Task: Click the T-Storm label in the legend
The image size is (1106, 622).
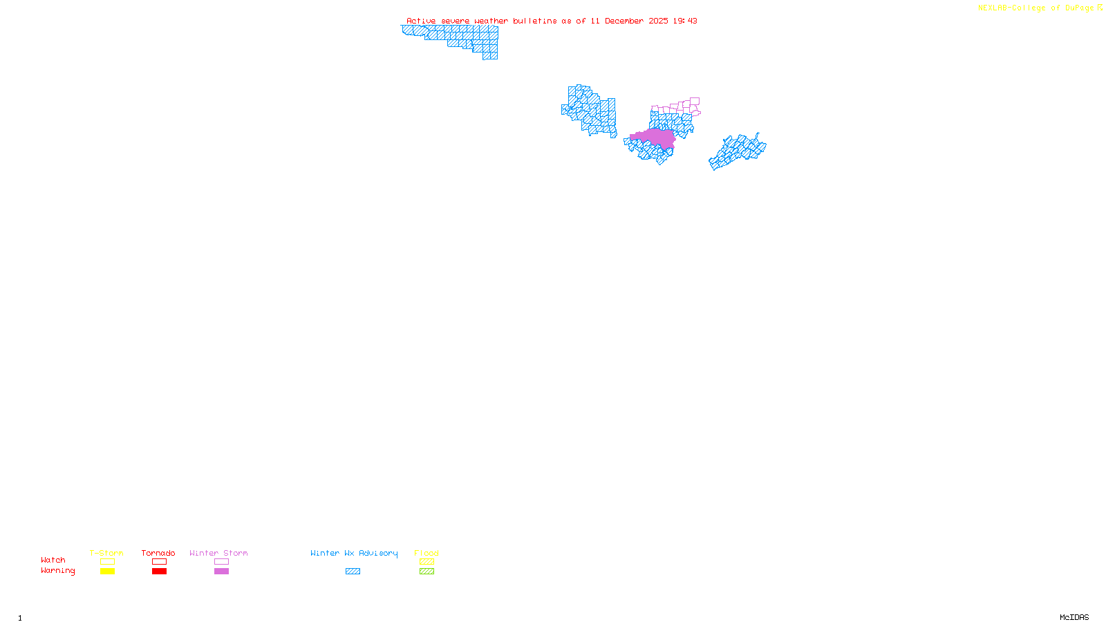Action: point(106,553)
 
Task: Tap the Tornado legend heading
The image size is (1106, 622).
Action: point(158,553)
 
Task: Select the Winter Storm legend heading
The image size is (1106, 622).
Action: point(218,553)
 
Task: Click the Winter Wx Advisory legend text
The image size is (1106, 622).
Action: point(354,553)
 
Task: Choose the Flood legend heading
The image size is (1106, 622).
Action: point(427,553)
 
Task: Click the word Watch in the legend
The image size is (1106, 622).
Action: point(53,560)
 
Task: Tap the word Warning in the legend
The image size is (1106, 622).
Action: point(58,571)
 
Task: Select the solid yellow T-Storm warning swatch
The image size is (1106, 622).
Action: point(107,572)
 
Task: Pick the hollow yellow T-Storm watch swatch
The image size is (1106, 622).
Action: point(107,562)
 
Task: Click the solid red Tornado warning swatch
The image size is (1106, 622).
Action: point(159,572)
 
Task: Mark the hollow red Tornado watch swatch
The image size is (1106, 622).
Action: point(159,562)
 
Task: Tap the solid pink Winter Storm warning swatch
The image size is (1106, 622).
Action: point(221,572)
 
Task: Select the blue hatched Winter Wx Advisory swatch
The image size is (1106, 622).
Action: point(353,572)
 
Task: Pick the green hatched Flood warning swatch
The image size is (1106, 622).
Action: point(427,572)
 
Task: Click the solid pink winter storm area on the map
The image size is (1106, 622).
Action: point(657,138)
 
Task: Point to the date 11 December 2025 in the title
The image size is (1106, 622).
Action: point(629,21)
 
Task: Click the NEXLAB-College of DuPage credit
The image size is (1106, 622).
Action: point(1036,8)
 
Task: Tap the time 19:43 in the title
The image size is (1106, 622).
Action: point(685,21)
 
